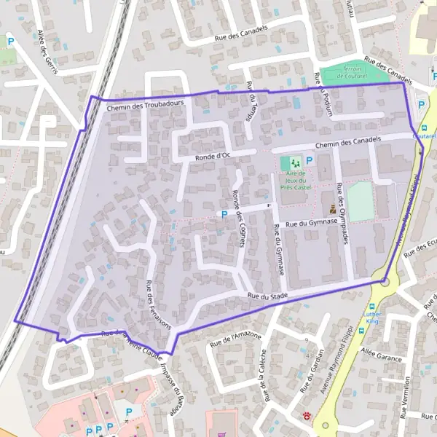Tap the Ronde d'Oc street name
click(x=213, y=156)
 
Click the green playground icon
click(x=295, y=161)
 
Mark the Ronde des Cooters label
click(x=237, y=210)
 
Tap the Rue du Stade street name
click(x=268, y=296)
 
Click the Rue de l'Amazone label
click(x=235, y=336)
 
